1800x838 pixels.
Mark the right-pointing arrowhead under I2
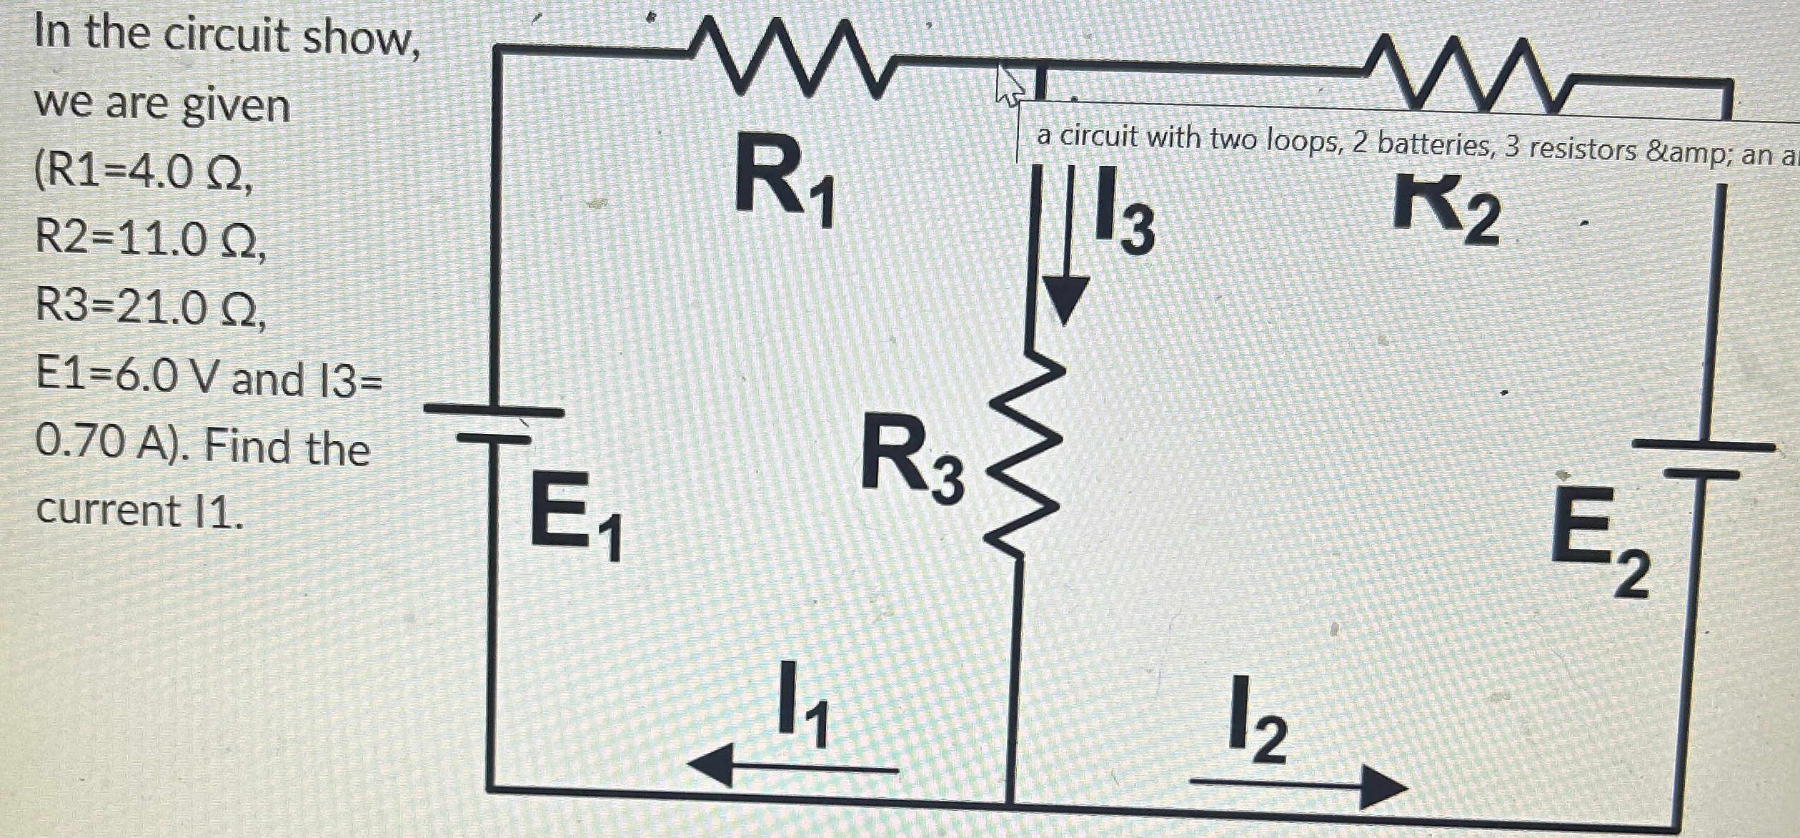(1383, 787)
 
